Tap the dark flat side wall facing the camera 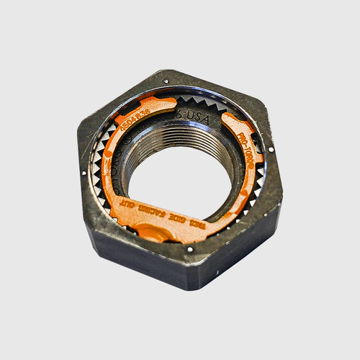[137, 259]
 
